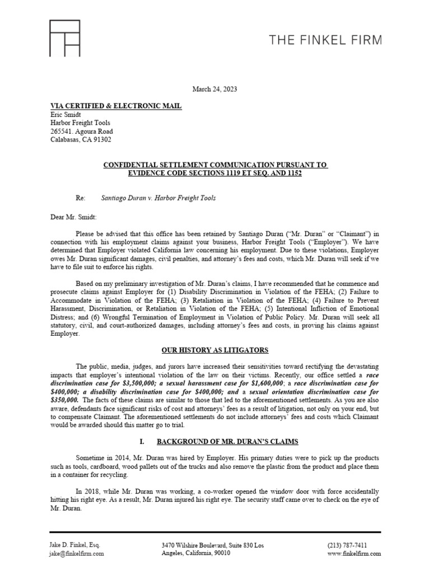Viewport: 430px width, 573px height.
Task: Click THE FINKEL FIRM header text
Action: point(325,40)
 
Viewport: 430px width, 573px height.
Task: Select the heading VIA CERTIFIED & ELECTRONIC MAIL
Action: point(116,106)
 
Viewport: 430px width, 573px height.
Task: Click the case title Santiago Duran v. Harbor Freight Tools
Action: point(158,198)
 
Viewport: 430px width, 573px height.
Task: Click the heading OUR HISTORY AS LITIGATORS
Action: point(215,350)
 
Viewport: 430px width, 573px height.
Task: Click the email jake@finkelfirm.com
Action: point(77,553)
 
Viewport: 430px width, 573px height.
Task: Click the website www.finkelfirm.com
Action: point(354,553)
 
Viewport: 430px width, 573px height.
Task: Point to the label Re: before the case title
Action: point(81,198)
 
